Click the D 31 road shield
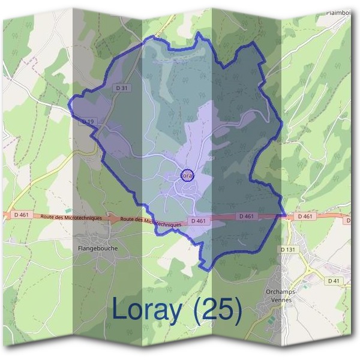coord(121,88)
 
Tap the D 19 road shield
coord(88,121)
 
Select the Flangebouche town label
coord(98,248)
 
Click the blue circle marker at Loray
coord(187,175)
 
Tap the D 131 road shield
coord(289,248)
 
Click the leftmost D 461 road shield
coord(20,214)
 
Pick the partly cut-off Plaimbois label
coord(338,11)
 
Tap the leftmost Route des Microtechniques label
coord(71,217)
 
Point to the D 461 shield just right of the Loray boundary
coord(305,216)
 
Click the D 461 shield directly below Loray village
coord(199,221)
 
